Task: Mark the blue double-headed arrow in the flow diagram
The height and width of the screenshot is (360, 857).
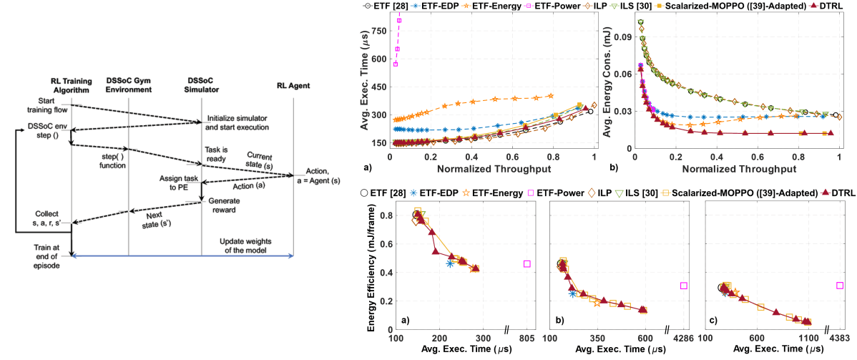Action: click(x=182, y=255)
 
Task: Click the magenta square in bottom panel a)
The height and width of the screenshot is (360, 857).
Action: click(x=527, y=264)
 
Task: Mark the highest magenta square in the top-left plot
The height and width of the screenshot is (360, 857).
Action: click(x=399, y=20)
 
